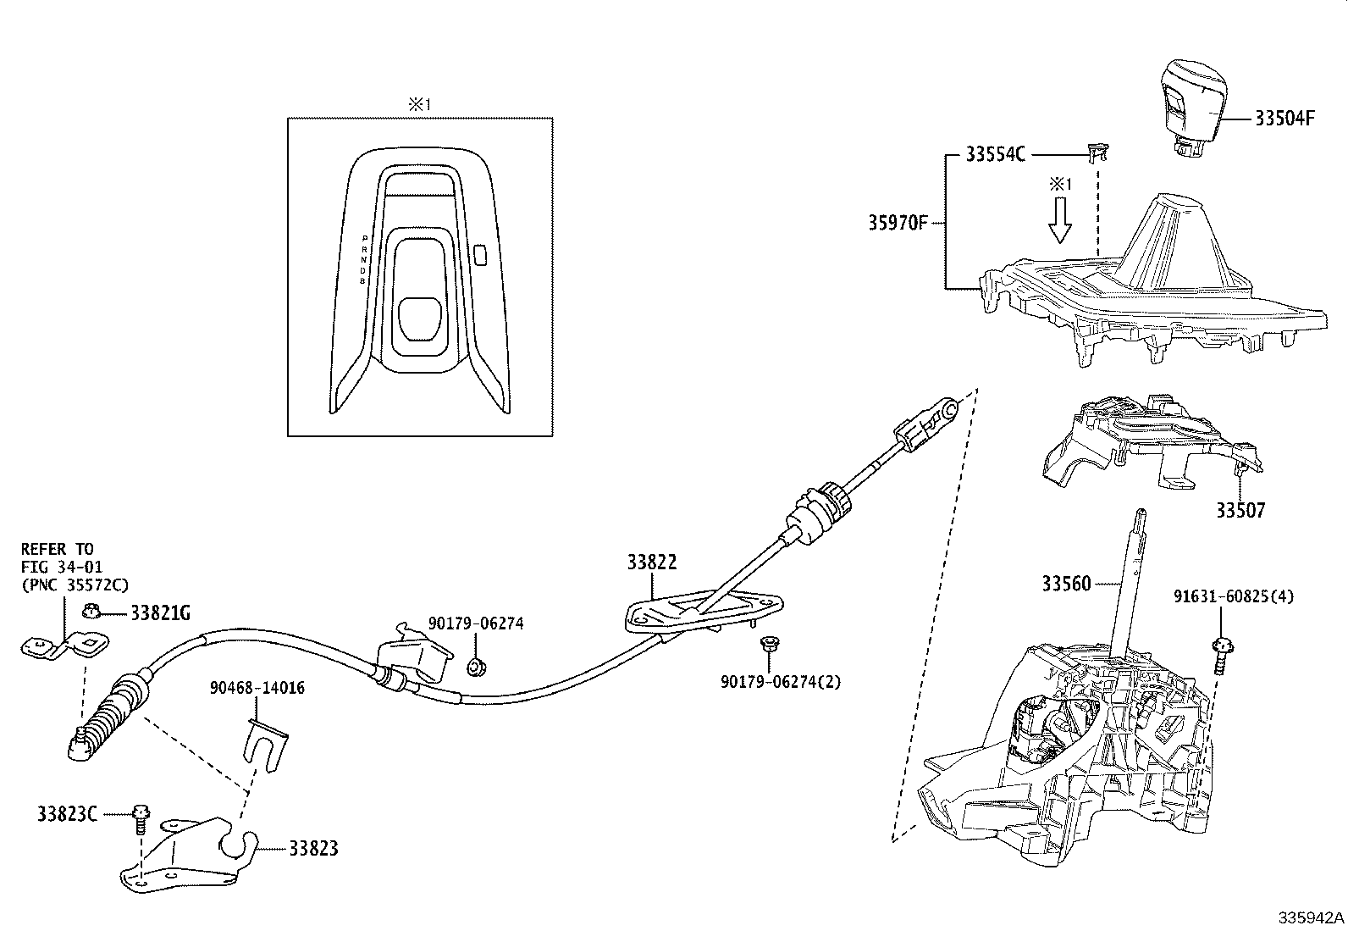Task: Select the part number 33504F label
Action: (1284, 119)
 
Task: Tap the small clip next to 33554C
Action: (1096, 152)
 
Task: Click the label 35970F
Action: (898, 223)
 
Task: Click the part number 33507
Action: (1240, 511)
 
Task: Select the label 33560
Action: (1066, 584)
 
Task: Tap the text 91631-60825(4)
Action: (1234, 597)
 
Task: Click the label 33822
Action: (652, 562)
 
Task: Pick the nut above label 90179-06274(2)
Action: (770, 645)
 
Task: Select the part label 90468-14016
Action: (257, 688)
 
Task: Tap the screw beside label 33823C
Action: (140, 818)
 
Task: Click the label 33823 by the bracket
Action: (313, 848)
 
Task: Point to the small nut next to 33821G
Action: (94, 611)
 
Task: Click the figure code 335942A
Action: (1311, 918)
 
